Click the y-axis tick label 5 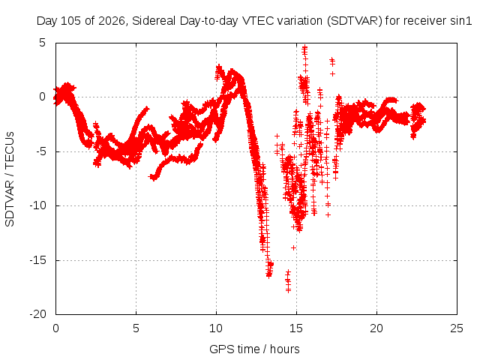click(42, 43)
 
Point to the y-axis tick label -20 click(37, 314)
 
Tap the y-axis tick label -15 click(37, 260)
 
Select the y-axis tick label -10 click(37, 205)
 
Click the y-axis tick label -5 click(39, 151)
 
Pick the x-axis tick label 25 click(457, 328)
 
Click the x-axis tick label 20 click(376, 328)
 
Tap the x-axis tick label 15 click(296, 328)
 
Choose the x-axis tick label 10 click(216, 328)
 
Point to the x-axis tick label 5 click(136, 328)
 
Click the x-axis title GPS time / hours click(254, 349)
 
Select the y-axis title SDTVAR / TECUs click(10, 179)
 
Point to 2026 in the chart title click(111, 21)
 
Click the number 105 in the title click(71, 21)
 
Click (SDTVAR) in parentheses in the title click(355, 21)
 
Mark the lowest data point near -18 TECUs click(288, 290)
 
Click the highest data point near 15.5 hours click(304, 47)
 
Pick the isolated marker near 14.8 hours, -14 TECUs click(293, 247)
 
